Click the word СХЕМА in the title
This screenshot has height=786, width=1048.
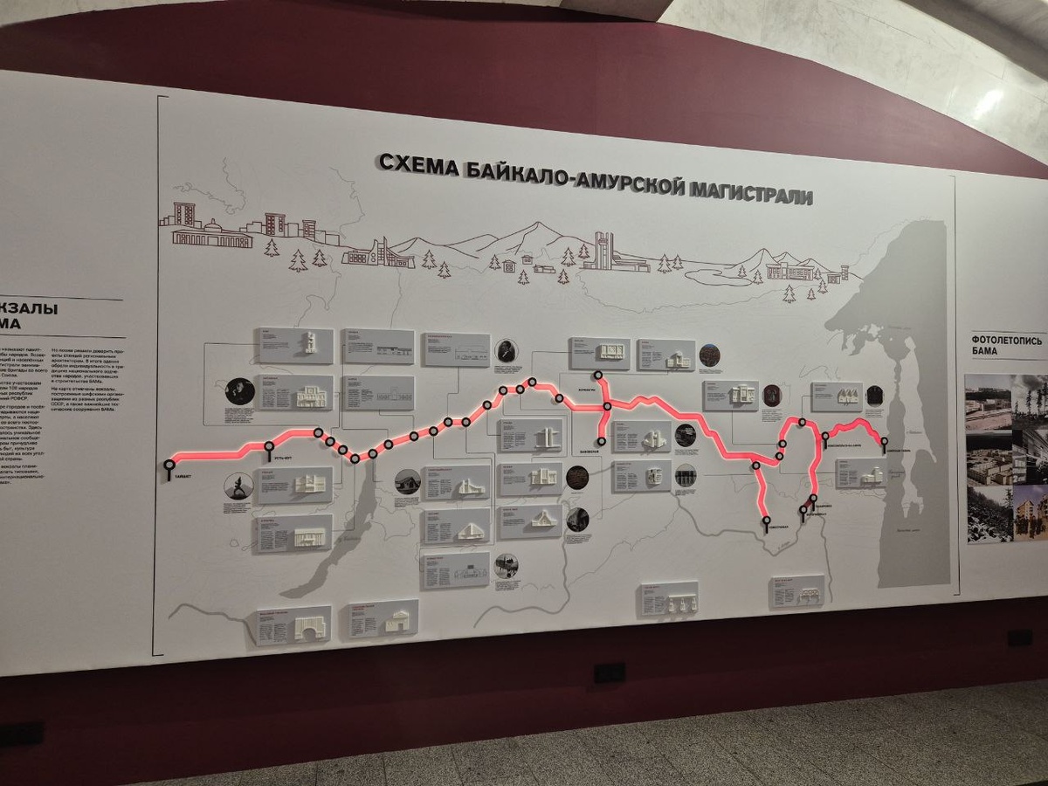417,163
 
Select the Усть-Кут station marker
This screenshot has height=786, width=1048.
268,448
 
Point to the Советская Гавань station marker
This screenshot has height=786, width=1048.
884,442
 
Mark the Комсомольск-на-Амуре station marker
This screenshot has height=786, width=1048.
825,436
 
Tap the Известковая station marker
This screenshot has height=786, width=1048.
766,521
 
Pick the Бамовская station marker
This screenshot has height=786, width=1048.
602,441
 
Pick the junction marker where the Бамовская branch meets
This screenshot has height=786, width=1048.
599,376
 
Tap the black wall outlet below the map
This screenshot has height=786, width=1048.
609,672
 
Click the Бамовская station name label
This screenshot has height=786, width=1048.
589,452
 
